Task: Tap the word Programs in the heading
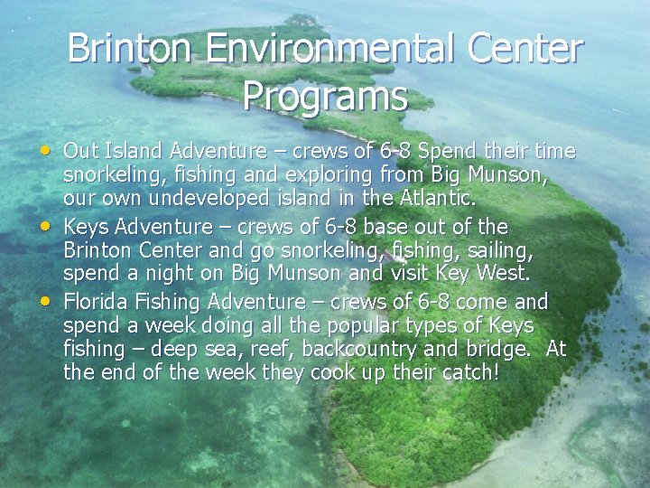[x=325, y=96]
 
